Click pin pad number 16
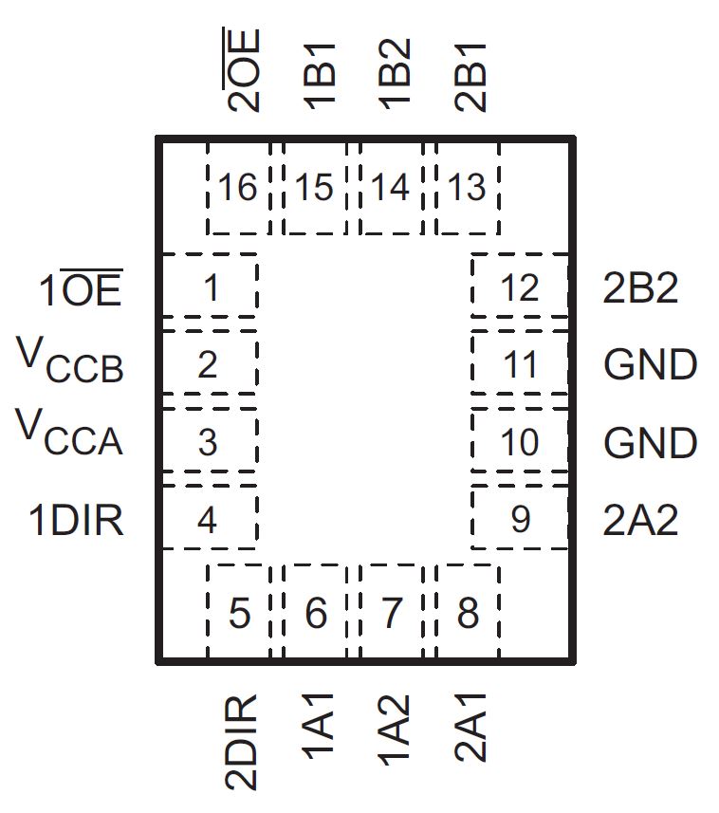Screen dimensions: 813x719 tap(237, 189)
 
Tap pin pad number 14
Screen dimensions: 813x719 tap(390, 189)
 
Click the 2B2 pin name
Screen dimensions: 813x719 tap(641, 288)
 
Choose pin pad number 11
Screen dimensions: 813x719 tap(519, 364)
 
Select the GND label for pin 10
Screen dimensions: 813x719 tap(650, 443)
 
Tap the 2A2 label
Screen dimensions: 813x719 tap(641, 521)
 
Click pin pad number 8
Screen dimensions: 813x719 tap(468, 614)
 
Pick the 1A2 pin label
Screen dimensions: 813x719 tap(395, 730)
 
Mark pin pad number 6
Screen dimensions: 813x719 tap(316, 614)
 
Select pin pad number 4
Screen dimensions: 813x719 tap(208, 520)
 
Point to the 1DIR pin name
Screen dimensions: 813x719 tap(76, 521)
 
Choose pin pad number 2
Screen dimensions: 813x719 tap(208, 364)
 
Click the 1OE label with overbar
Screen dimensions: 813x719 tap(81, 288)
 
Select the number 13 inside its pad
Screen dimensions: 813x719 tap(467, 189)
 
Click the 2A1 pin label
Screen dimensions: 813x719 tap(471, 730)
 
